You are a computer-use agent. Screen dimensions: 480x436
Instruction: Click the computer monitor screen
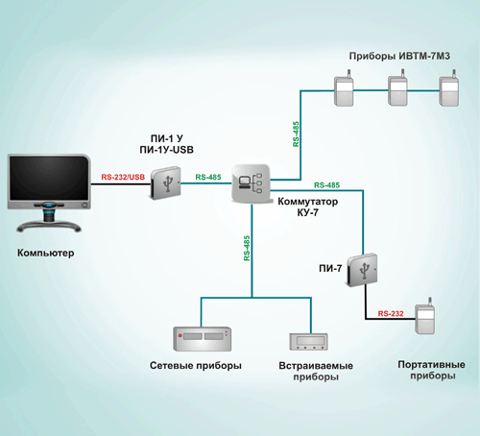pyautogui.click(x=49, y=178)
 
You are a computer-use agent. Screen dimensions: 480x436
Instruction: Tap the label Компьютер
pyautogui.click(x=46, y=253)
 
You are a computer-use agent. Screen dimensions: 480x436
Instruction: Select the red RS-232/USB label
pyautogui.click(x=123, y=177)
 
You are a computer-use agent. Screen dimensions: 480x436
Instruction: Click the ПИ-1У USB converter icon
pyautogui.click(x=166, y=182)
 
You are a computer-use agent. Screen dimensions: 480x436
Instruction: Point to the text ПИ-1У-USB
pyautogui.click(x=167, y=150)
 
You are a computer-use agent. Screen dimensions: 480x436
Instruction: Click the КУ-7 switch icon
pyautogui.click(x=251, y=183)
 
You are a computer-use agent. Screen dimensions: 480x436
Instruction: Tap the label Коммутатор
pyautogui.click(x=308, y=202)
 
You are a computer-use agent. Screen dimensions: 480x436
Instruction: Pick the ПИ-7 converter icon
pyautogui.click(x=362, y=270)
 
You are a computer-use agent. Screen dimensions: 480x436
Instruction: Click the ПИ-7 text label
pyautogui.click(x=330, y=268)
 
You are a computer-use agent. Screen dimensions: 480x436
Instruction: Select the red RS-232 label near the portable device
pyautogui.click(x=391, y=313)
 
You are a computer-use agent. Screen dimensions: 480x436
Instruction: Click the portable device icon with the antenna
pyautogui.click(x=425, y=316)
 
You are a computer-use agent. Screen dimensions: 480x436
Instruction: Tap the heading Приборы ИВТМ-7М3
pyautogui.click(x=399, y=56)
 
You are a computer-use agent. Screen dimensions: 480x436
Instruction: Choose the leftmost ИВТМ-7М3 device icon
pyautogui.click(x=344, y=88)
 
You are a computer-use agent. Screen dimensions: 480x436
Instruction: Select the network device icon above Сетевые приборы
pyautogui.click(x=203, y=339)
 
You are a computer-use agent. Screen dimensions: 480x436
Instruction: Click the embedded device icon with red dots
pyautogui.click(x=309, y=342)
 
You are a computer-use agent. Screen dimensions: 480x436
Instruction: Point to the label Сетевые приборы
pyautogui.click(x=196, y=366)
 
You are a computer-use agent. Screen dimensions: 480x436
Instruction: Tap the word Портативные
pyautogui.click(x=431, y=365)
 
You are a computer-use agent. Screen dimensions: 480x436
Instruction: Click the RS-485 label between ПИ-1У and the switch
pyautogui.click(x=208, y=177)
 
